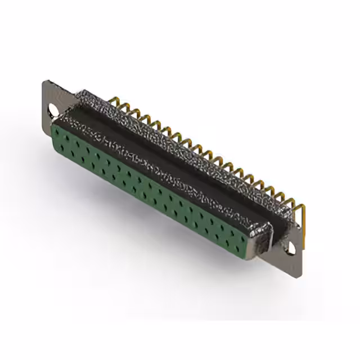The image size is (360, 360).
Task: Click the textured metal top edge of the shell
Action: point(186,141)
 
